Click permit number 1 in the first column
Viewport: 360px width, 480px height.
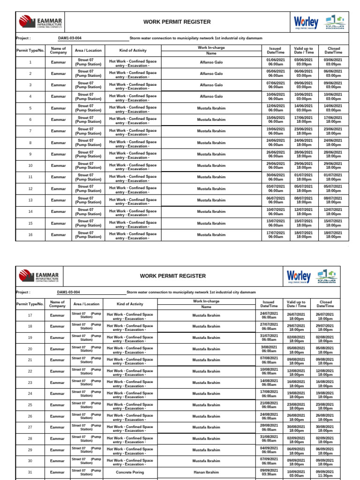[x=30, y=62]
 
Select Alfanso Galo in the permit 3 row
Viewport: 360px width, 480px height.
[x=211, y=85]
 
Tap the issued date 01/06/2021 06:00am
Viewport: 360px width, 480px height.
[x=276, y=62]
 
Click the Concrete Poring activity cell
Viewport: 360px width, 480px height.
[x=130, y=472]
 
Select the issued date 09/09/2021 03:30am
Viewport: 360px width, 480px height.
[x=269, y=472]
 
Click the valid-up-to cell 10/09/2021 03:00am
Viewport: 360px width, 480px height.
[x=296, y=472]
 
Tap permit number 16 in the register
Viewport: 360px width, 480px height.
[x=30, y=235]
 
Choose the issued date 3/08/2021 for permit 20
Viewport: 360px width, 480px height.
[x=269, y=349]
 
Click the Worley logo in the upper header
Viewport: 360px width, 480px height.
[x=306, y=22]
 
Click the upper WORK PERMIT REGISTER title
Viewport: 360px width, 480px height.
[x=177, y=22]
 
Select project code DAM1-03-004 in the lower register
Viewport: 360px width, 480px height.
[x=68, y=292]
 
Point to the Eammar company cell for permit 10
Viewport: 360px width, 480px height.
[x=59, y=165]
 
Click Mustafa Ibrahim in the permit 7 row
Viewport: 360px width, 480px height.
[x=211, y=131]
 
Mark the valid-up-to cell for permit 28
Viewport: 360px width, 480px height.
[x=296, y=439]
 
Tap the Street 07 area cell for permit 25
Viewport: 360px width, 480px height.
[x=86, y=405]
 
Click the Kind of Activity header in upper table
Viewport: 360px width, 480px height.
[x=133, y=51]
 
